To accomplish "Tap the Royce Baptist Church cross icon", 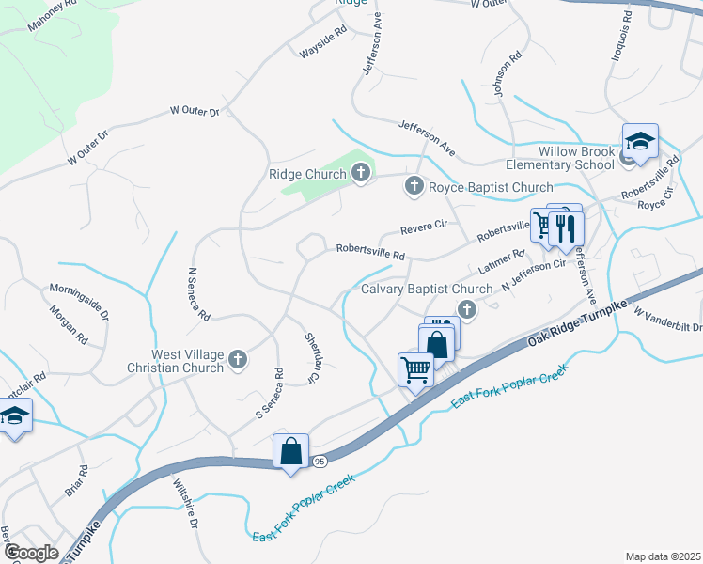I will [413, 187].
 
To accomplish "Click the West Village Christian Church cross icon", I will [238, 358].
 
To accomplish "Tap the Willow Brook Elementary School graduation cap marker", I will [640, 142].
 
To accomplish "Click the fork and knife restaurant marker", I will [565, 227].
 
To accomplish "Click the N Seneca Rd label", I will [198, 295].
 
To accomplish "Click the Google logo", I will [31, 553].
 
